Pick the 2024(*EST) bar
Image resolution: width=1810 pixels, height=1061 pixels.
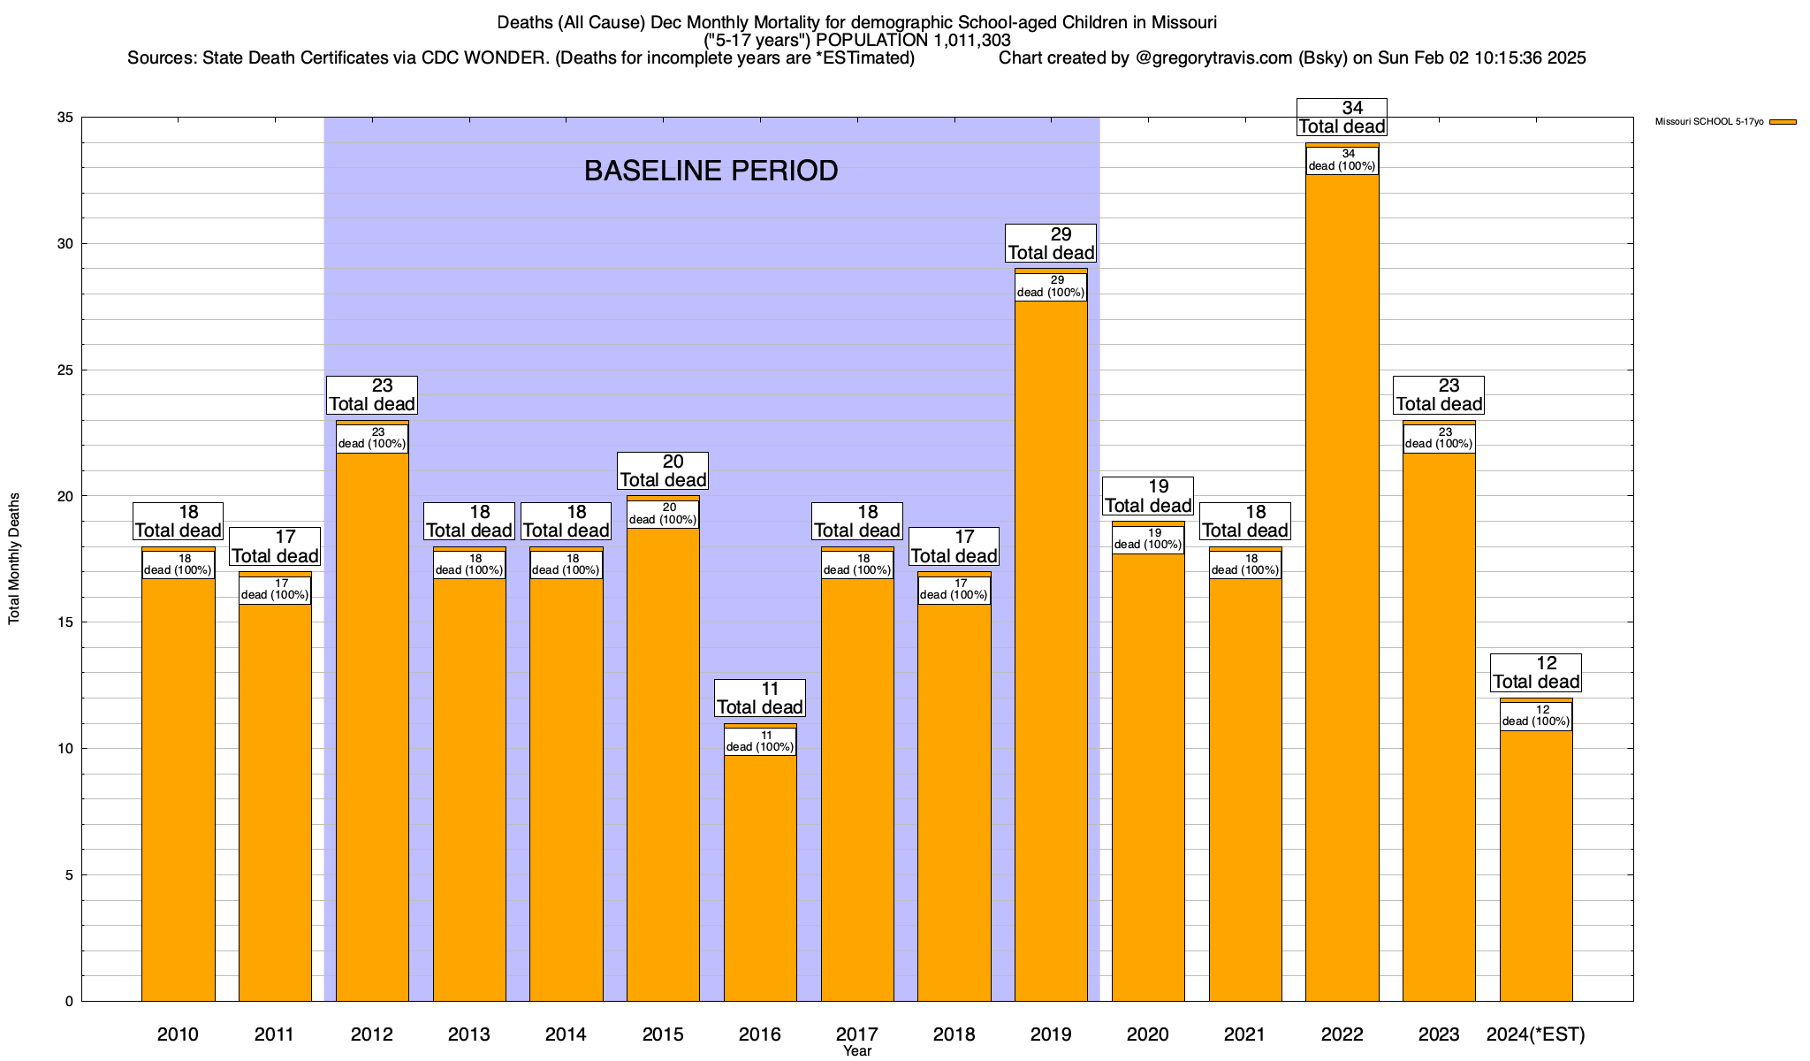coord(1536,866)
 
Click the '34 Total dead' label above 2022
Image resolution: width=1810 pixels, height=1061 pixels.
coord(1342,118)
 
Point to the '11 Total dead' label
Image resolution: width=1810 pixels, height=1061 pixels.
coord(760,698)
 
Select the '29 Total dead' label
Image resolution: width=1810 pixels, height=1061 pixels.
coord(1051,244)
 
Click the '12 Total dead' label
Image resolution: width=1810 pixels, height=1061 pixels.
coord(1536,673)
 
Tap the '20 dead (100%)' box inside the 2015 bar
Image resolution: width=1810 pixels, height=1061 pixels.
coord(663,514)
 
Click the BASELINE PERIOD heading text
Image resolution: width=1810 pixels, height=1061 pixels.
coord(711,171)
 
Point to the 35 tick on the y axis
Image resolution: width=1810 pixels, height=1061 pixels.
coord(65,118)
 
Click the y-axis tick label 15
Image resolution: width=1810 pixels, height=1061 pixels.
coord(65,622)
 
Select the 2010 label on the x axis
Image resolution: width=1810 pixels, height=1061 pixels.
coord(178,1034)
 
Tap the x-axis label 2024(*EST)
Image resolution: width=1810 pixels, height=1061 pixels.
coord(1536,1034)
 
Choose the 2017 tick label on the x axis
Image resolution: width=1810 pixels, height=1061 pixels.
coord(856,1034)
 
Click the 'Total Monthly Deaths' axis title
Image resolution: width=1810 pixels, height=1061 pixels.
coord(14,559)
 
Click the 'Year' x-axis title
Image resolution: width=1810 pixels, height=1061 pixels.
coord(856,1051)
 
